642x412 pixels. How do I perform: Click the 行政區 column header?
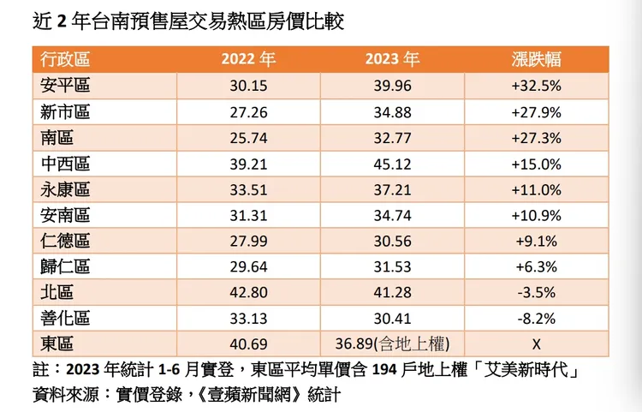click(65, 60)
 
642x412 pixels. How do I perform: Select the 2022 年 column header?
click(248, 60)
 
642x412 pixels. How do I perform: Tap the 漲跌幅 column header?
click(537, 60)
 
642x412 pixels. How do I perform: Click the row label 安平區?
click(65, 86)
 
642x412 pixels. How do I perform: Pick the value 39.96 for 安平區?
click(392, 86)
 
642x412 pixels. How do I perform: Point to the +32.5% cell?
click(537, 86)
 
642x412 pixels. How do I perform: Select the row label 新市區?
click(65, 111)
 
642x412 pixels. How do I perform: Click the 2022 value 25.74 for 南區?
click(248, 137)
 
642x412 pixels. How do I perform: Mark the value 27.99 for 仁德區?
click(248, 241)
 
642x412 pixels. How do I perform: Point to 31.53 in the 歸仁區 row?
click(392, 267)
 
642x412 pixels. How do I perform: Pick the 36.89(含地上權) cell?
click(392, 344)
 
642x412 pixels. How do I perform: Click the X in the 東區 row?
click(537, 344)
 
